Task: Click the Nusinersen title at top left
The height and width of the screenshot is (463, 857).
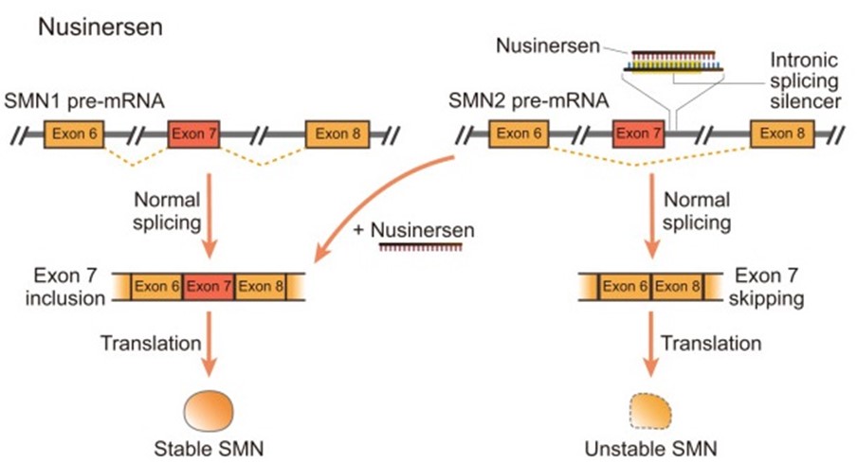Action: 100,27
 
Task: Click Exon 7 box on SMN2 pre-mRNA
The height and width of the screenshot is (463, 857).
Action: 638,134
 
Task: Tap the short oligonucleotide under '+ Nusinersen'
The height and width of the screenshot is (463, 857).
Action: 420,247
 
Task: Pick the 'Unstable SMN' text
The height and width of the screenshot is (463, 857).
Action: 650,446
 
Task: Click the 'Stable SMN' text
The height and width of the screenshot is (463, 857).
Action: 207,446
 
